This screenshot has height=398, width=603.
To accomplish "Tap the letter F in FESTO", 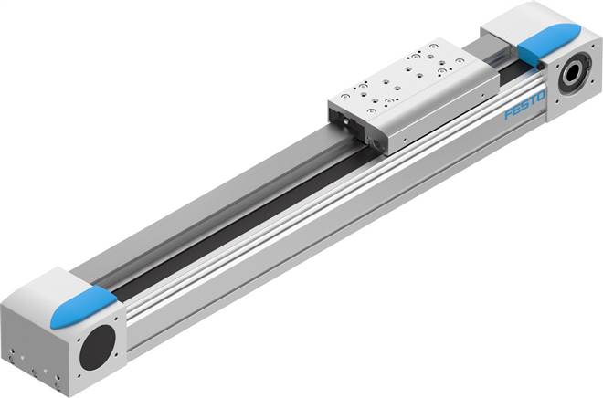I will tap(508, 113).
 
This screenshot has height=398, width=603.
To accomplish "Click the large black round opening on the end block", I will tap(97, 347).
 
